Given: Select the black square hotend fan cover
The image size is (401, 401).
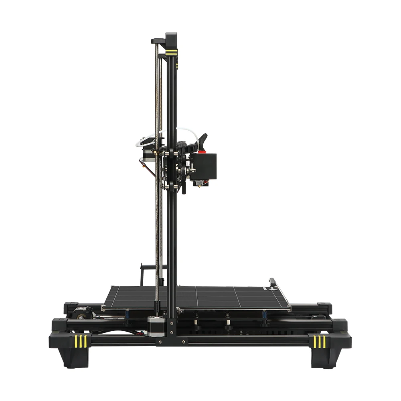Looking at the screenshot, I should point(205,166).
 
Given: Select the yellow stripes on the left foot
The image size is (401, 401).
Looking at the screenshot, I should point(81,341).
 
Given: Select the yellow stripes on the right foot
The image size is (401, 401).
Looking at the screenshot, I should point(320,341).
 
